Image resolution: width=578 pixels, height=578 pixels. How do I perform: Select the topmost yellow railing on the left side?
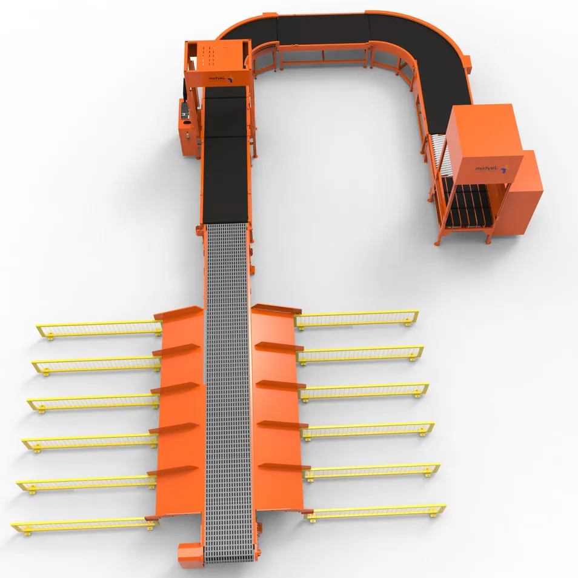(x=100, y=329)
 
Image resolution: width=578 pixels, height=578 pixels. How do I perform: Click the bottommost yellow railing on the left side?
(x=79, y=524)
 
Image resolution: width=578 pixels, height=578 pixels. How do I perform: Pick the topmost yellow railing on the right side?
(x=357, y=319)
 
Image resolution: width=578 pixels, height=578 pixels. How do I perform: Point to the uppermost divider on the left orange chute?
(x=179, y=313)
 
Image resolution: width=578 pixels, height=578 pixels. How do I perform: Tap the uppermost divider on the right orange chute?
(x=276, y=309)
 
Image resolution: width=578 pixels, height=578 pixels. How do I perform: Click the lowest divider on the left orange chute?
(x=172, y=470)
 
